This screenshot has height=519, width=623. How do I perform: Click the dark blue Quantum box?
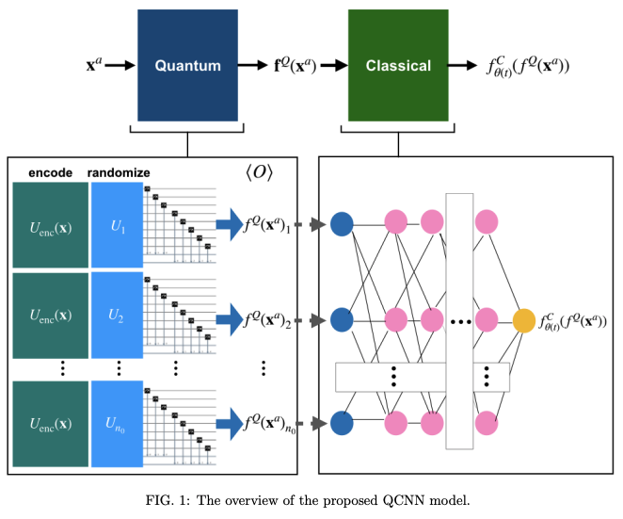pyautogui.click(x=188, y=65)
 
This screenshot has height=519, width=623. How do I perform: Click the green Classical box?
pyautogui.click(x=398, y=65)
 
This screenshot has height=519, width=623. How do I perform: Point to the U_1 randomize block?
pyautogui.click(x=116, y=224)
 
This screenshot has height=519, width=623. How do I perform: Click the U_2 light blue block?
pyautogui.click(x=116, y=315)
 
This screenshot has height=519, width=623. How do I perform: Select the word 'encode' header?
pyautogui.click(x=48, y=173)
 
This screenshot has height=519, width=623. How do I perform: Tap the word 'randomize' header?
pyautogui.click(x=119, y=173)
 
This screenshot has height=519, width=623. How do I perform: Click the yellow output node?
pyautogui.click(x=524, y=320)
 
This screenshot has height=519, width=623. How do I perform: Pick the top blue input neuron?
pyautogui.click(x=342, y=224)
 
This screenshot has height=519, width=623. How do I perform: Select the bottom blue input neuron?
pyautogui.click(x=342, y=421)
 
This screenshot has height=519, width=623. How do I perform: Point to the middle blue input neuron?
pyautogui.click(x=342, y=320)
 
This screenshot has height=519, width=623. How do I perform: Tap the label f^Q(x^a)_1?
pyautogui.click(x=267, y=225)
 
